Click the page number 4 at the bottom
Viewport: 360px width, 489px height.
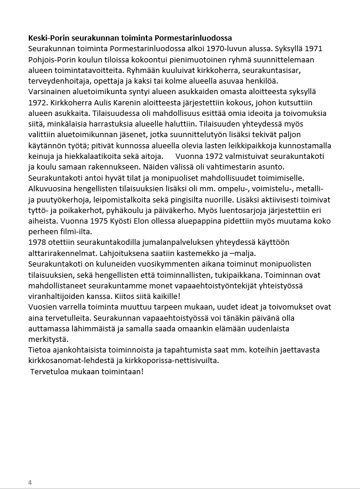(x=30, y=483)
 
